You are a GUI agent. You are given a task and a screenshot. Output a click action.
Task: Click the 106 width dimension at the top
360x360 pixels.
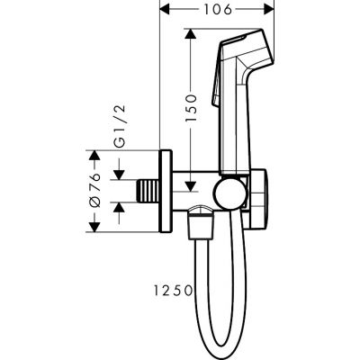click(214, 10)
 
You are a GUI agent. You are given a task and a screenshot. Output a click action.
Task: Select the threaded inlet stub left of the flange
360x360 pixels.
click(144, 189)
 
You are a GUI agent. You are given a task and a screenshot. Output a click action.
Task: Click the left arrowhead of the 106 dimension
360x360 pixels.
click(163, 11)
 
